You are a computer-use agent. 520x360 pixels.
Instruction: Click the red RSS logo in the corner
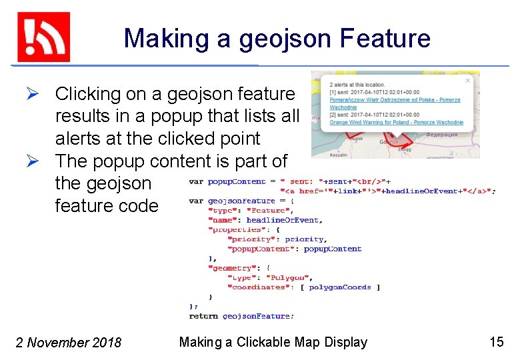pos(43,37)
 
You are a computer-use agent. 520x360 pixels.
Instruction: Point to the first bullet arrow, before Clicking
pos(41,94)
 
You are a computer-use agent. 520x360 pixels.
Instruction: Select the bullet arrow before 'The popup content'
pos(41,161)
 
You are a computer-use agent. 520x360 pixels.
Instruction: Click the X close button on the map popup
pos(467,80)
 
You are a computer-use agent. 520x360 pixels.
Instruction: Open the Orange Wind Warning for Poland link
pos(396,123)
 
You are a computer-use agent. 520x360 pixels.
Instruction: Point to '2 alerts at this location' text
pos(357,85)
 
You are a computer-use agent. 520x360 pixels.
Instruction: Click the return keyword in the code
pos(203,316)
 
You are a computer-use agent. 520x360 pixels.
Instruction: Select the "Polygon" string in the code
pos(287,277)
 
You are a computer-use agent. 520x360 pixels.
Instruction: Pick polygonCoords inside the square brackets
pos(339,287)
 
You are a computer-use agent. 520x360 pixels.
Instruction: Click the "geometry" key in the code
pos(229,268)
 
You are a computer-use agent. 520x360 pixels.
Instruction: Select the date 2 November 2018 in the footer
pos(69,343)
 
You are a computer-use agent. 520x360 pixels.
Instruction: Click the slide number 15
pos(497,342)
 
